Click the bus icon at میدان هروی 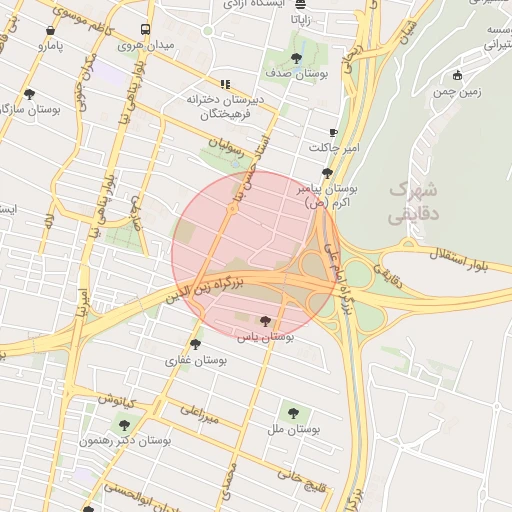[x=146, y=30]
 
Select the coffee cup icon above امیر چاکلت [x=334, y=132]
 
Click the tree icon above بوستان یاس [x=264, y=321]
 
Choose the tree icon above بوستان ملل [x=293, y=412]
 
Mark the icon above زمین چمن [x=458, y=75]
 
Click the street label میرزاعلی [x=198, y=415]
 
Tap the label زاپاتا [x=299, y=18]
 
